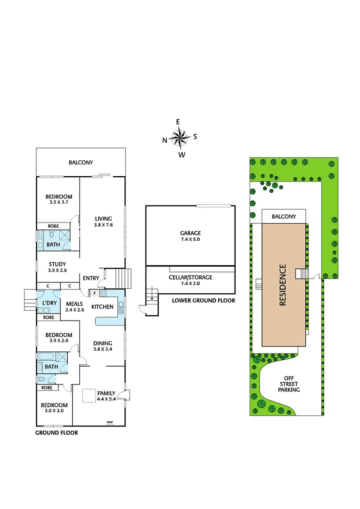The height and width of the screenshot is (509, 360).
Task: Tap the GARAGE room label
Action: click(x=190, y=233)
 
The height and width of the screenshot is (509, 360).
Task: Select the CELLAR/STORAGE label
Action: click(x=190, y=278)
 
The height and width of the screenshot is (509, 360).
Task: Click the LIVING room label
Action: click(x=103, y=219)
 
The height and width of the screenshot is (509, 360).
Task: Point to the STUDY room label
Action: click(x=57, y=264)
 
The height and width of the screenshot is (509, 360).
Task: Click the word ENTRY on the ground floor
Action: click(x=91, y=278)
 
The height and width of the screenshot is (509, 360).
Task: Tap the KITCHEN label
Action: click(x=102, y=307)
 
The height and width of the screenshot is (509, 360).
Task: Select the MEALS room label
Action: click(x=75, y=304)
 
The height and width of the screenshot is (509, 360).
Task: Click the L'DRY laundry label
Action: click(x=49, y=303)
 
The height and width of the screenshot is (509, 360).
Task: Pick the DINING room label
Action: click(x=103, y=343)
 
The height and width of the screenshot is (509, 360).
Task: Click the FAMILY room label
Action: click(x=106, y=393)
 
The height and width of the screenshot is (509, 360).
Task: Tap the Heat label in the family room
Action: click(x=109, y=422)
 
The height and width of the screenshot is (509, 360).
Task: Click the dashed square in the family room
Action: click(x=89, y=395)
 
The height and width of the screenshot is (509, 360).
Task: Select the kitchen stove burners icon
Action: click(x=103, y=293)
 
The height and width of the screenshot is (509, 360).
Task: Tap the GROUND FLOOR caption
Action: click(x=57, y=432)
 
